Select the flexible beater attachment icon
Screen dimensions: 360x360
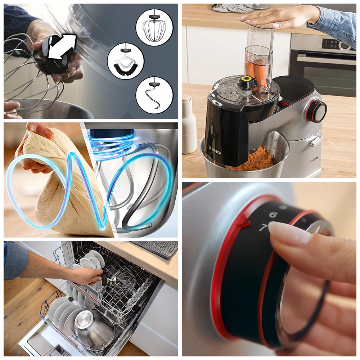pyautogui.click(x=126, y=61)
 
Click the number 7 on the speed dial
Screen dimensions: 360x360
pyautogui.click(x=264, y=227)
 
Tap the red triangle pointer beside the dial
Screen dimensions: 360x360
pyautogui.click(x=243, y=222)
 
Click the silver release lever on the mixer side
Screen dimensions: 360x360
pyautogui.click(x=316, y=140)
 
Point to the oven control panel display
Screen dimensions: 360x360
pyautogui.click(x=330, y=43)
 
